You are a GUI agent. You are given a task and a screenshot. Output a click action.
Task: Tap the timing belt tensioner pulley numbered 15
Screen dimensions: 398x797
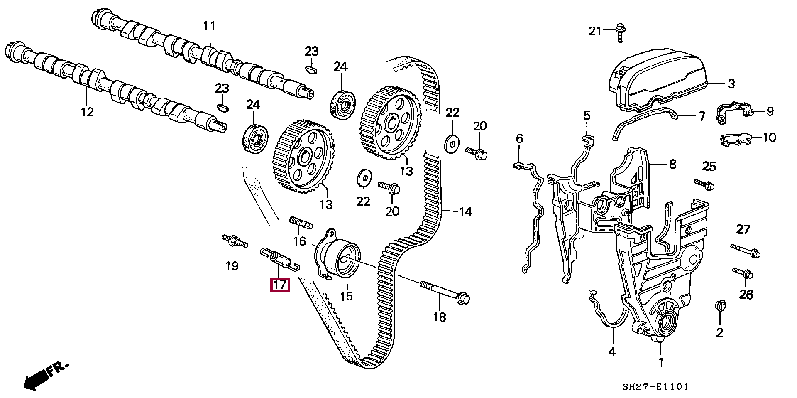pyautogui.click(x=342, y=258)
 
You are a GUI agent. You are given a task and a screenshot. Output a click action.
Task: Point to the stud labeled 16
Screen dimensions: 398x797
pyautogui.click(x=301, y=222)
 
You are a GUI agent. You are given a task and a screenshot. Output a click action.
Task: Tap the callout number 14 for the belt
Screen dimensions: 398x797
pyautogui.click(x=466, y=212)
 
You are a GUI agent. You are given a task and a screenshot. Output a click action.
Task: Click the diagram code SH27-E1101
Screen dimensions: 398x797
pyautogui.click(x=655, y=387)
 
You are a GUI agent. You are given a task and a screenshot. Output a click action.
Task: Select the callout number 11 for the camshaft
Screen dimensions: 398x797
pyautogui.click(x=209, y=26)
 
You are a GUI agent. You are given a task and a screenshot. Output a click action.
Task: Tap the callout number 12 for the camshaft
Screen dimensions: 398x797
pyautogui.click(x=87, y=111)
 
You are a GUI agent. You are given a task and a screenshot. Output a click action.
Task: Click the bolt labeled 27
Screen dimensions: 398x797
pyautogui.click(x=746, y=250)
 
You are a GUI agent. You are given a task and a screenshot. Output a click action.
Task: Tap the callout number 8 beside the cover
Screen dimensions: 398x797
pyautogui.click(x=672, y=164)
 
